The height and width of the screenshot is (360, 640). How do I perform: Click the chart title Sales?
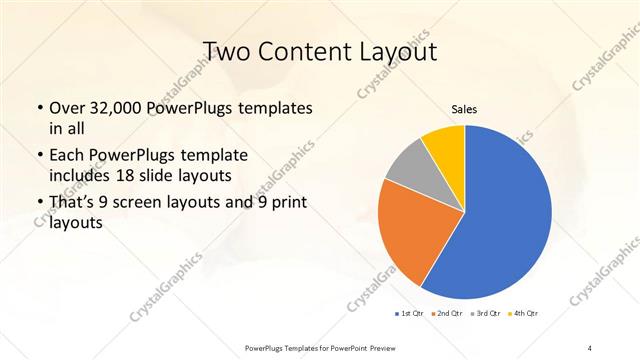(464, 109)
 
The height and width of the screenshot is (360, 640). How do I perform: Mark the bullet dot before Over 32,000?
(38, 108)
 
